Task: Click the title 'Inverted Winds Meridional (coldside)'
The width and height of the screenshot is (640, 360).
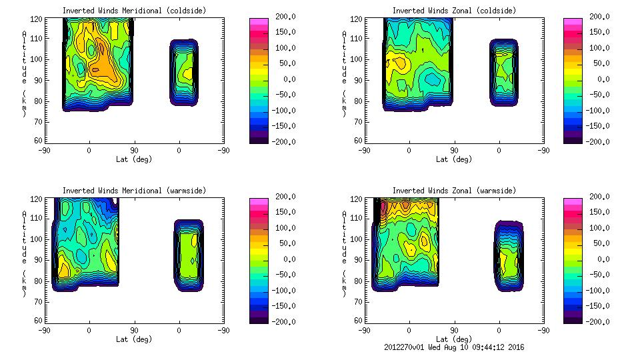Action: [134, 11]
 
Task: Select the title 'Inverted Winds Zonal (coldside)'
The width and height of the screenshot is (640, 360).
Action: [454, 11]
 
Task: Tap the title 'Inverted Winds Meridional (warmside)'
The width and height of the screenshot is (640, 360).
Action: [134, 191]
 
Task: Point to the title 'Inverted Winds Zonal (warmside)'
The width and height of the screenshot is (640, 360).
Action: [454, 191]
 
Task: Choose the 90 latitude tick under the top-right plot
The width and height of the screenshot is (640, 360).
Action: [455, 150]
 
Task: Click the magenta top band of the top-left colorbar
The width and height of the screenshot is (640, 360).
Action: [258, 22]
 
